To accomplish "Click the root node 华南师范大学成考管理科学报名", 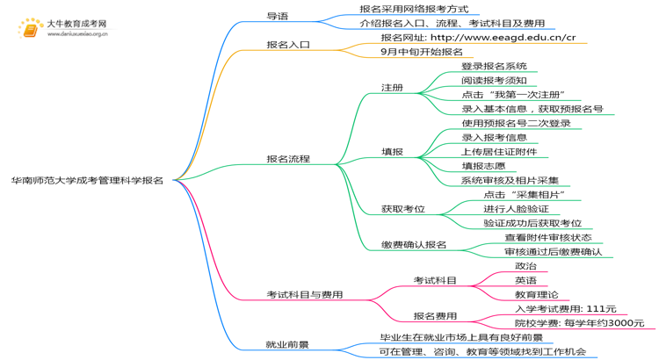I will [x=87, y=180].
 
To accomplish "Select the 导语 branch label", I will [x=277, y=16].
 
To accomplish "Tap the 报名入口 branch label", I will [x=288, y=43].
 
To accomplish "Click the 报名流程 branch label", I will [x=288, y=159].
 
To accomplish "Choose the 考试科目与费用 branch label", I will [x=304, y=295].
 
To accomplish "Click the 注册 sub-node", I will [x=392, y=88].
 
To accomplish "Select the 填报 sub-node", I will [x=392, y=152].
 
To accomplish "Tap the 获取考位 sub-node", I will [x=402, y=209].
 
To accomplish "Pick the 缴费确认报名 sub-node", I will [x=414, y=244].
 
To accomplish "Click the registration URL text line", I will [x=478, y=38].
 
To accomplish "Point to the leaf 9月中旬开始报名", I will [x=422, y=52].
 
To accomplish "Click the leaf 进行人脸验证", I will [x=516, y=209].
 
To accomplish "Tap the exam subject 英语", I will [x=525, y=280].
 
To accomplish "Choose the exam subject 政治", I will [x=525, y=266].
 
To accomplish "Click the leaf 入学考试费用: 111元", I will [x=565, y=309].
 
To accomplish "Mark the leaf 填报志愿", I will [x=483, y=166].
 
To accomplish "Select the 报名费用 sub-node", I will [x=435, y=316].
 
